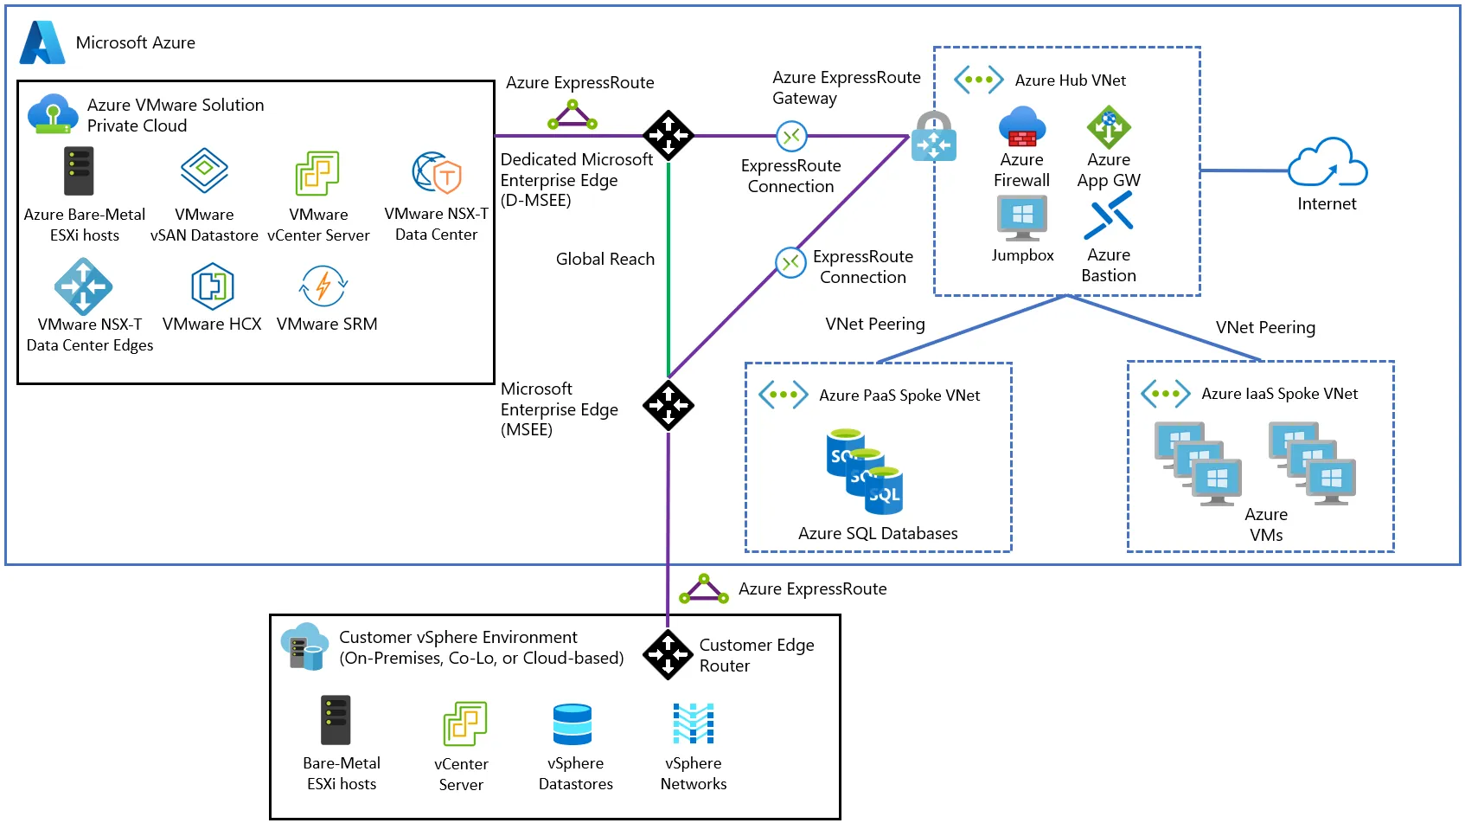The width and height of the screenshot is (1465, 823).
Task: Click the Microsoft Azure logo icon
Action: (42, 42)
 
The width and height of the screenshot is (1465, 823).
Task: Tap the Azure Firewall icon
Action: (1021, 127)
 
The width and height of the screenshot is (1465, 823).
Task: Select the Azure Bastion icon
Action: (1109, 215)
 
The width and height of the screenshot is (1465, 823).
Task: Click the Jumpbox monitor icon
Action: (1021, 217)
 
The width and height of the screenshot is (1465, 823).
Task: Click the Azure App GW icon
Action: (1109, 127)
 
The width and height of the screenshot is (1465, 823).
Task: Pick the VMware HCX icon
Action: (212, 286)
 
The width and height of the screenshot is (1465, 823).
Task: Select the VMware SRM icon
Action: (323, 286)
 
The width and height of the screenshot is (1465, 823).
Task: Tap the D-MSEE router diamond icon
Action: (668, 135)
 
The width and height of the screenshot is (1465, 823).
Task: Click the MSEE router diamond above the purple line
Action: (668, 405)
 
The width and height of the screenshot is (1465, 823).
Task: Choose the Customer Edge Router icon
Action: (668, 654)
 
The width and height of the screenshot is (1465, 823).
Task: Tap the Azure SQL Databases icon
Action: (866, 471)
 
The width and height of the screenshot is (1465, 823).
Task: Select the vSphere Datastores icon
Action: (573, 724)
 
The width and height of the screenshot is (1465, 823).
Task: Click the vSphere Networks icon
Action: (694, 723)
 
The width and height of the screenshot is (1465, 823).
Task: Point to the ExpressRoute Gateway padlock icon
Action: (933, 137)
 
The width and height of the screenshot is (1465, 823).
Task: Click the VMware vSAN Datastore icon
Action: (204, 170)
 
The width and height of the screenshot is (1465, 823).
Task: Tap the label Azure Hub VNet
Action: (1070, 80)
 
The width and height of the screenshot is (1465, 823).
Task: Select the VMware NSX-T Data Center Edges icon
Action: (83, 286)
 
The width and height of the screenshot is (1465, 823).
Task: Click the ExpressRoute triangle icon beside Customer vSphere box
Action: (703, 589)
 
